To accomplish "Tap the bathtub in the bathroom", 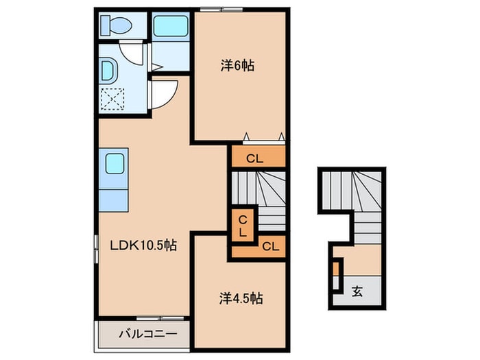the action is [170, 26].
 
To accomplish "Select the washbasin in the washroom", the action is [107, 71].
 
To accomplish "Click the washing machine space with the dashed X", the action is [112, 99].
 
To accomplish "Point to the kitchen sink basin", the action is [115, 164].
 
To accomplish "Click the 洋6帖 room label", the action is [237, 66].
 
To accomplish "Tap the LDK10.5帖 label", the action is [143, 245].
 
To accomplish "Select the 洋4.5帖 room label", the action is [241, 298].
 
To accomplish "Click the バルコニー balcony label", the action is [148, 334].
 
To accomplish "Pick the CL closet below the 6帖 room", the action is [255, 158].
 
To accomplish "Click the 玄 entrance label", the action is [357, 291].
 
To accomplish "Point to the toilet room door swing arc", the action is [130, 56].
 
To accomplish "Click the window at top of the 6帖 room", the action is [221, 9].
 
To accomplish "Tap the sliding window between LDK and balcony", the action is [160, 318].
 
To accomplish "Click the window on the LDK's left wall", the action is [96, 249].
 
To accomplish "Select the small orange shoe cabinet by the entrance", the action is [336, 267].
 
